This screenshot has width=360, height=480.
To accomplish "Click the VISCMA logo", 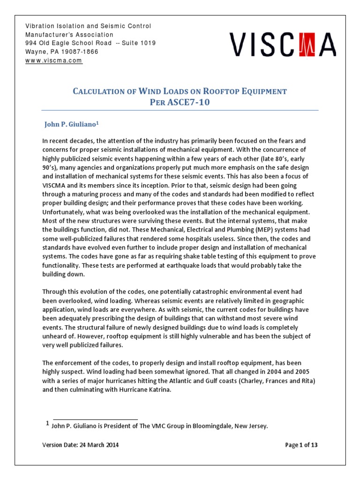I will point(283,45).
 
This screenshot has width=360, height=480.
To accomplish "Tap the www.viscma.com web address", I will point(54,61).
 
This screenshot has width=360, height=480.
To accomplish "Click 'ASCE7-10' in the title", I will point(187,103).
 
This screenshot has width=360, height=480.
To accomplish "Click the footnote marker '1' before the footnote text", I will point(47,424).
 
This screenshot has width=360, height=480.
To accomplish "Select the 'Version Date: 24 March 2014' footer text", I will point(80,445).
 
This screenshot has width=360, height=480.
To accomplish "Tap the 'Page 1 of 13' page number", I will point(301,445).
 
